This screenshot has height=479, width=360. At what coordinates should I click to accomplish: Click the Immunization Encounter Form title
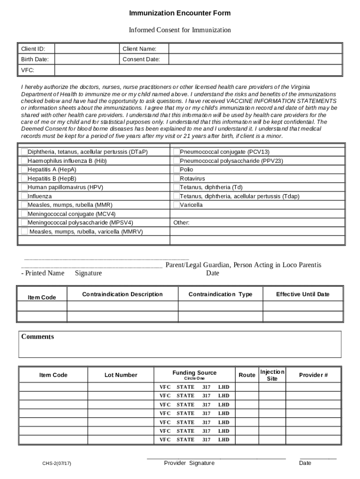tap(180, 13)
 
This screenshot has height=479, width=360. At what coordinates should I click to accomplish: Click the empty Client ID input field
tap(86, 49)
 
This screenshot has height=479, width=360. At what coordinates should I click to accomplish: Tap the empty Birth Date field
tap(86, 59)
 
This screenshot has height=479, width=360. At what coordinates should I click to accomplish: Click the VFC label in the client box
tap(28, 70)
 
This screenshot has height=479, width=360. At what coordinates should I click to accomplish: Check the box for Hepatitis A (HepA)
tap(24, 170)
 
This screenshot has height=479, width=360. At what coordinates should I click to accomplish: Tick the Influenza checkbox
tap(24, 196)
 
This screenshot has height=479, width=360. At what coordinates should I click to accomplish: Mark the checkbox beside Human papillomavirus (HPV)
tap(24, 188)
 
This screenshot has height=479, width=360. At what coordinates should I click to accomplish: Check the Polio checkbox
tap(176, 170)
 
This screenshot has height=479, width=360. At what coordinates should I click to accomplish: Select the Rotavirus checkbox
tap(176, 179)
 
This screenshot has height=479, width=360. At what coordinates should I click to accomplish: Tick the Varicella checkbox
tap(176, 205)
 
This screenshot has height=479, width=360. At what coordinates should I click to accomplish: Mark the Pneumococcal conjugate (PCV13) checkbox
tap(176, 152)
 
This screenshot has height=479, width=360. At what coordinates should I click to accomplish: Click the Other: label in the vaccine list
tap(181, 223)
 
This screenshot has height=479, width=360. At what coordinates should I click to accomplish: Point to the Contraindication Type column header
tap(220, 294)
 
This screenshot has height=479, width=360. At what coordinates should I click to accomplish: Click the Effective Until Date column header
tap(302, 294)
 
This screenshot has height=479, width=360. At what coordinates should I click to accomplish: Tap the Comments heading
tap(37, 337)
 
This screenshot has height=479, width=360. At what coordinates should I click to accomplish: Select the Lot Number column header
tap(121, 375)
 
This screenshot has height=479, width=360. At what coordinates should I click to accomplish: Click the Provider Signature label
tap(189, 463)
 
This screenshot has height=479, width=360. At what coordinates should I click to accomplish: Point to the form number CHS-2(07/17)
tap(57, 464)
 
